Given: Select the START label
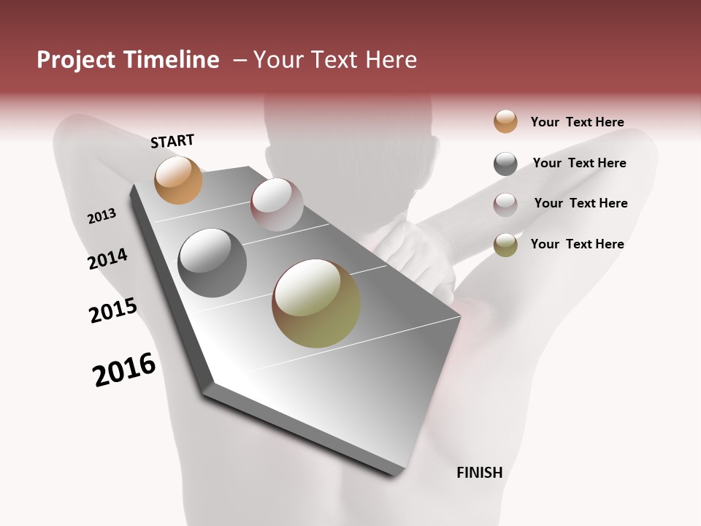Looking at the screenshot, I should pos(172,141).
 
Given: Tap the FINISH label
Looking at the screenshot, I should pos(479,473).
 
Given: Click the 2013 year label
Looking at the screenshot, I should pos(101,216).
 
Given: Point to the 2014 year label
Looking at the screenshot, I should pos(107,259).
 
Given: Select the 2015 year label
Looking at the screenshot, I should pos(113,310).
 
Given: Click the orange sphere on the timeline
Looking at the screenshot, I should pos(178,180).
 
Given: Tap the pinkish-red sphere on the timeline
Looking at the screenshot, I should pos(277,204).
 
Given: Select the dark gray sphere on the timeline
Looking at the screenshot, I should pos(212,263).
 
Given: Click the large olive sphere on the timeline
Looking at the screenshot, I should pos(316,303).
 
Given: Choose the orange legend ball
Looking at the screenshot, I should pos(505,121).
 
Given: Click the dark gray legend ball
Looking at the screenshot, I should pos(505,164).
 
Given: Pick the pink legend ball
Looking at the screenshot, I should pos(505,204).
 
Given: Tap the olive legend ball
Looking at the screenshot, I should pos(505,245).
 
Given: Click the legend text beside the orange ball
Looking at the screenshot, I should pos(577,122).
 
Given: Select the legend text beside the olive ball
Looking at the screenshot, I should pos(577,244).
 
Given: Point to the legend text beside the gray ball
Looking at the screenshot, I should pos(579,163).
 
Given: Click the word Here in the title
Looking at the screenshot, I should pos(390,60).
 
